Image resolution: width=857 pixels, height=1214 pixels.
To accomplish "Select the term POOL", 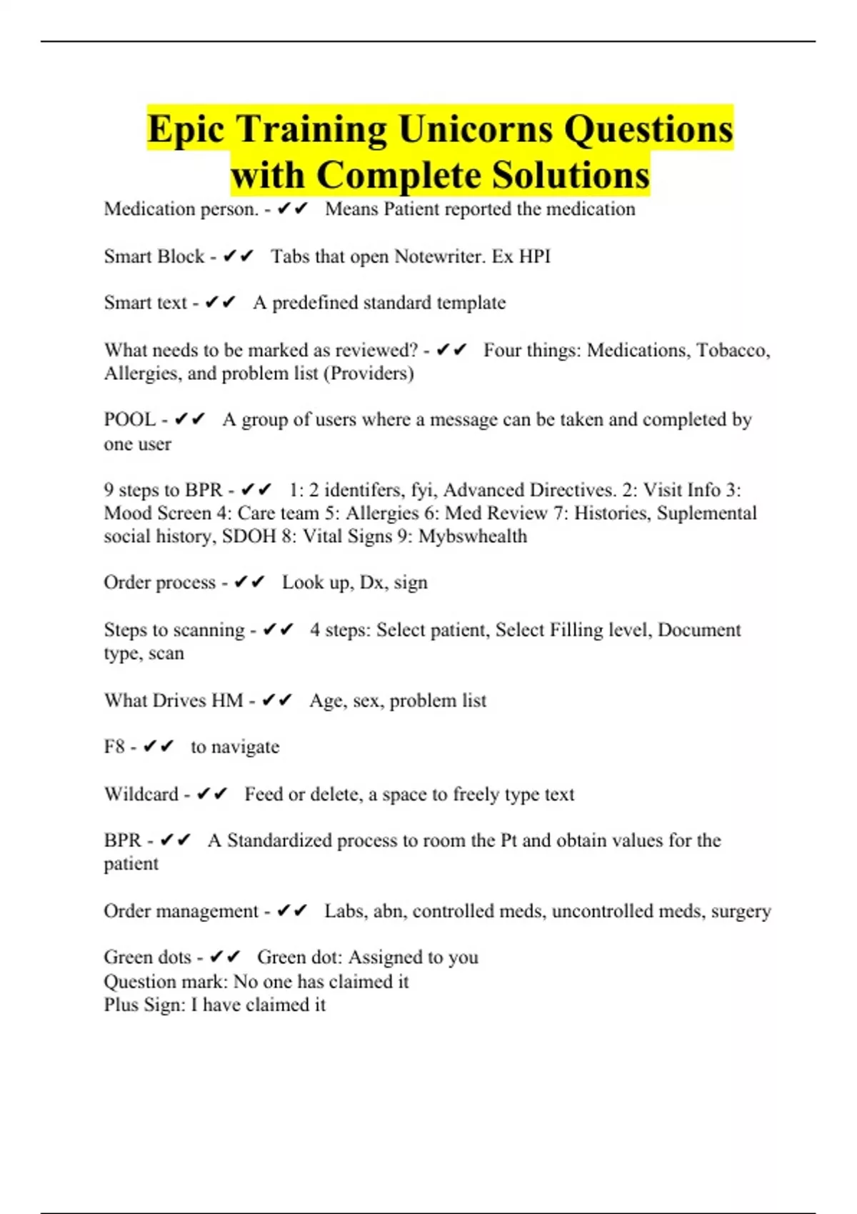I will tap(129, 419).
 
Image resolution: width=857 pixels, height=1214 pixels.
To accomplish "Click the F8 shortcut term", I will tap(114, 747).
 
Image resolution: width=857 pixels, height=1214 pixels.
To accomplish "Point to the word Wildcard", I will tap(141, 794).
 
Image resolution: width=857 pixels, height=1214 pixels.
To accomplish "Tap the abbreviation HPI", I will tap(535, 256).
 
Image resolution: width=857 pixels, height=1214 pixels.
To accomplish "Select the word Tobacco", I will tap(733, 350).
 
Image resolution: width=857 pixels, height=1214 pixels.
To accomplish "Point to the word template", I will tap(471, 303).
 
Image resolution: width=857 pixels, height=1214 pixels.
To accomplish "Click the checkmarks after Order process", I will tap(249, 583).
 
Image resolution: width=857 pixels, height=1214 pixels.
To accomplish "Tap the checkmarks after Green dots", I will tap(225, 957).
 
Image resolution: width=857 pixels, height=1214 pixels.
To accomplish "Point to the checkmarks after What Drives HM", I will tap(277, 701).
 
